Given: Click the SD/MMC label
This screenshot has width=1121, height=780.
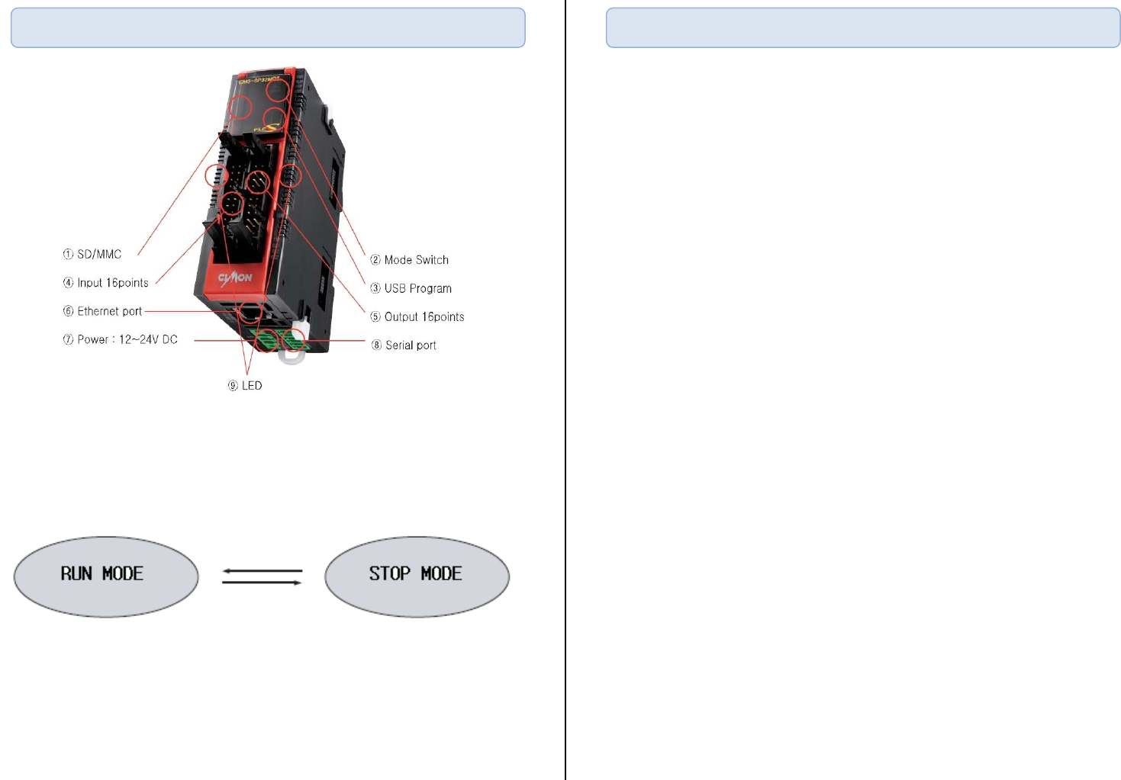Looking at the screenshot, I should click(99, 254).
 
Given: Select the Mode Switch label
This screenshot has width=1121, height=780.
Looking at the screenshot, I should click(416, 260).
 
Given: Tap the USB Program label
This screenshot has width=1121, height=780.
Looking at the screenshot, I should click(417, 288).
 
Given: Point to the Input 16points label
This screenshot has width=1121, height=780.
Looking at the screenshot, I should click(113, 283).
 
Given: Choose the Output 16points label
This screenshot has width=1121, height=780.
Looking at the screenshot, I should click(424, 316).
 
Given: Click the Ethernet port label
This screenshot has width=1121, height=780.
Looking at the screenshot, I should click(109, 311).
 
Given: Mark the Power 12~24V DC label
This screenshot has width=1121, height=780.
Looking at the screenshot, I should click(127, 339).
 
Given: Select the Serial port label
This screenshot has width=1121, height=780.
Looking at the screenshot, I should click(411, 345).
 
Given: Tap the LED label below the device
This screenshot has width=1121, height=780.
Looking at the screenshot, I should click(252, 386).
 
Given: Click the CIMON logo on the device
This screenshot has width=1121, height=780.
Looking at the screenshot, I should click(235, 278).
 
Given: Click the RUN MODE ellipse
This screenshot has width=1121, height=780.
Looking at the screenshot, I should click(106, 576).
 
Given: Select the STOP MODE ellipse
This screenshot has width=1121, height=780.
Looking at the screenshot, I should click(417, 576).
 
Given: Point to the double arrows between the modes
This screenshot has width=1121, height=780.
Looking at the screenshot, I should click(262, 576).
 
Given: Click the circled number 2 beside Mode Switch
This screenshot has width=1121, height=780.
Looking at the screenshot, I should click(375, 260).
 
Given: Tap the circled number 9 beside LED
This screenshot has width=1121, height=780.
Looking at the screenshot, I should click(233, 386).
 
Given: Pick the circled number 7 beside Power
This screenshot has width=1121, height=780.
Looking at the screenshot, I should click(68, 339).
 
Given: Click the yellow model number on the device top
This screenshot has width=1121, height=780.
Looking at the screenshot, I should click(259, 79).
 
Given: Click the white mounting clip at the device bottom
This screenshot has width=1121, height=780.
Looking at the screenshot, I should click(291, 356).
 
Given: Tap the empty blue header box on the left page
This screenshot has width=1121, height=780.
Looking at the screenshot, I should click(268, 28).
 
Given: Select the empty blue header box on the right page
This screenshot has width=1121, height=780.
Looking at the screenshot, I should click(863, 28).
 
